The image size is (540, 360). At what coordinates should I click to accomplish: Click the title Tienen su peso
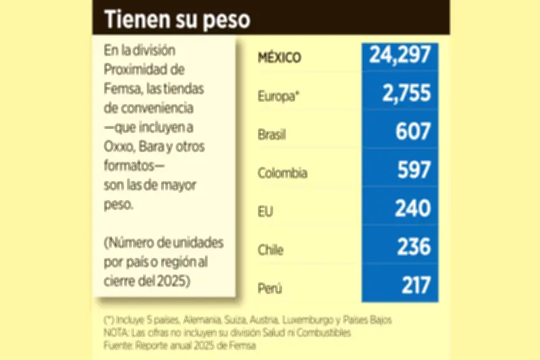177,20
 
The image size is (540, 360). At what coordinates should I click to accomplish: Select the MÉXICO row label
279,57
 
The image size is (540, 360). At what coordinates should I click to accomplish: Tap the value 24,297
400,56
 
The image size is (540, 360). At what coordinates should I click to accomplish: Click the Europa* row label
277,96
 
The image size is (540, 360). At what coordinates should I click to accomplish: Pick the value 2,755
406,94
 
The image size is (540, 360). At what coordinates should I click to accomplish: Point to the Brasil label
272,134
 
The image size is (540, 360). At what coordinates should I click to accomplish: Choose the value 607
413,132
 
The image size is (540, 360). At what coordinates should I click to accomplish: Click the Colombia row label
283,173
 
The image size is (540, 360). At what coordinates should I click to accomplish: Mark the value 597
413,170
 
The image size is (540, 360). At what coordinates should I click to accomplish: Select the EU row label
265,211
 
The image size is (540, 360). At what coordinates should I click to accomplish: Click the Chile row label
271,250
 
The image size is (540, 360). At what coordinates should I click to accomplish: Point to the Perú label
269,288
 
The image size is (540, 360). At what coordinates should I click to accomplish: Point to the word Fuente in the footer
120,345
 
